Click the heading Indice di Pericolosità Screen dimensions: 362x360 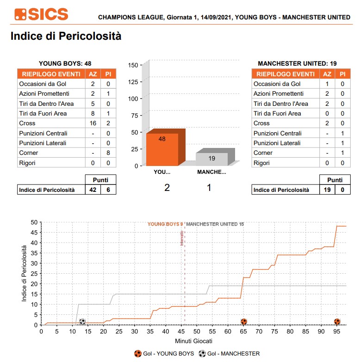coord(66,36)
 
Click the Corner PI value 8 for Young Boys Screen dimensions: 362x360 coord(108,153)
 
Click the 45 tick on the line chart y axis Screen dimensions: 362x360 coord(34,232)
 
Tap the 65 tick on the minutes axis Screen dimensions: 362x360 coord(243,331)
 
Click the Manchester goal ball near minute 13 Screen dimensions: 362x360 coord(82,322)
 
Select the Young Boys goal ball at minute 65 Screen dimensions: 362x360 coord(243,322)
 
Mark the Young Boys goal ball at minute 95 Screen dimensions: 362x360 coord(337,322)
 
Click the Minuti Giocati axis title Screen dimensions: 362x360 coord(193,341)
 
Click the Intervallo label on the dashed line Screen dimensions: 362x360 coord(182,238)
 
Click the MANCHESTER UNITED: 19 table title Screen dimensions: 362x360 coord(297,63)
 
